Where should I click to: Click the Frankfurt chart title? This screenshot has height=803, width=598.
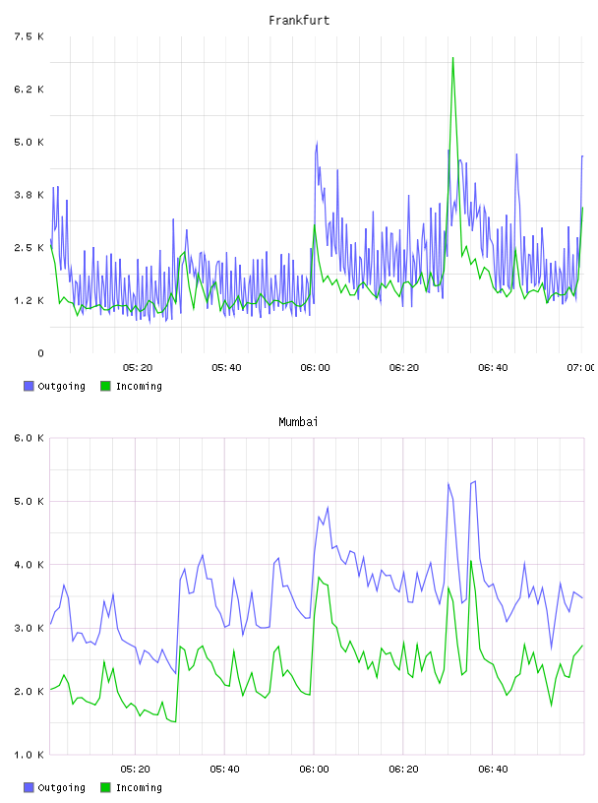[299, 21]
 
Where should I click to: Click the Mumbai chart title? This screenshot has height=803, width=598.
[298, 422]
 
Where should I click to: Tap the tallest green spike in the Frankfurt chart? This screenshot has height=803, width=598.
[452, 58]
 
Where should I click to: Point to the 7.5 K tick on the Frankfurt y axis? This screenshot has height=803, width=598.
[29, 36]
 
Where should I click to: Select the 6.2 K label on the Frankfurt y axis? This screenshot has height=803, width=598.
[29, 90]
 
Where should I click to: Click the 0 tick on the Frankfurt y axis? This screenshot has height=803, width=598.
[40, 353]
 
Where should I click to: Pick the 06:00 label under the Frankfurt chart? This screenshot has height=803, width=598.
[315, 368]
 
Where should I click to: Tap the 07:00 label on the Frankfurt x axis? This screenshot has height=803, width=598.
[580, 368]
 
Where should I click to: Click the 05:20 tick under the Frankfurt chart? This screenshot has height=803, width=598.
[138, 368]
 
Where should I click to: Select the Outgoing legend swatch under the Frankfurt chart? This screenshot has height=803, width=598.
[29, 386]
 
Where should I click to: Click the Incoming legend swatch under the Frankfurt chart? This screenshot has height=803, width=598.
[105, 386]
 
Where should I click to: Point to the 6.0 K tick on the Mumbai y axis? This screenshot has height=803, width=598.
[29, 438]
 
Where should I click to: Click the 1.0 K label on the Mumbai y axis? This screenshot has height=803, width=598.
[29, 755]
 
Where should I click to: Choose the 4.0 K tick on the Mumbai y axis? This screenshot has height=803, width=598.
[29, 565]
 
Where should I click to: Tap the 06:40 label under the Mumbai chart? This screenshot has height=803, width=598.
[493, 770]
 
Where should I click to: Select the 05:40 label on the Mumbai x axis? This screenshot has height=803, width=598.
[224, 770]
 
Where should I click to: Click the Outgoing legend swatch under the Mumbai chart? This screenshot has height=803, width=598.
[29, 787]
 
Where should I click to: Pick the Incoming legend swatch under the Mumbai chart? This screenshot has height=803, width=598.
[105, 787]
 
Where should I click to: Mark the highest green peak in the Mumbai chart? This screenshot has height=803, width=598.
[471, 561]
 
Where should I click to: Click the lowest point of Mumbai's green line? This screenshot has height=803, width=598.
[175, 722]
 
